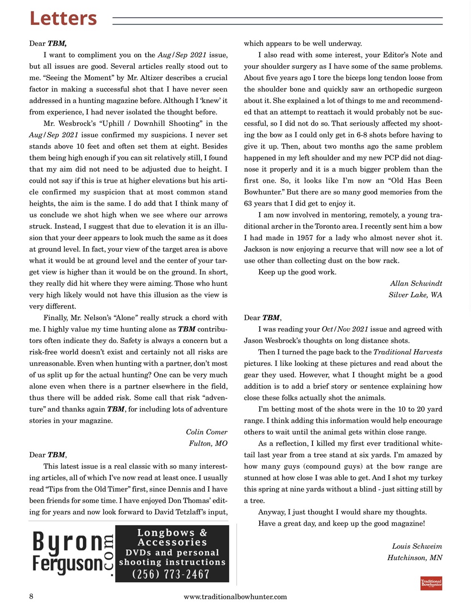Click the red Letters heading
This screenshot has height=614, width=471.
point(63,18)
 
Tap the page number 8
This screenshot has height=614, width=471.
point(31,596)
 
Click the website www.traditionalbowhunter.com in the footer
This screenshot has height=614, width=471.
point(235,596)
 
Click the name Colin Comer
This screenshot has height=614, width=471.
point(207,432)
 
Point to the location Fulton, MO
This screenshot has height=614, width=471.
point(208,443)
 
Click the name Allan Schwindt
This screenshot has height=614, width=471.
point(416,283)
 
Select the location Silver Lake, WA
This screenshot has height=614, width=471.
point(415,295)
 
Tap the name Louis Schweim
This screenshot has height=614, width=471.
point(417,546)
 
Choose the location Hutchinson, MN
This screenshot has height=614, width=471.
point(414,557)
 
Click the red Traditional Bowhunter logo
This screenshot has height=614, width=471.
point(431,583)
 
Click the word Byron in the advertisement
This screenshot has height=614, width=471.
point(68,543)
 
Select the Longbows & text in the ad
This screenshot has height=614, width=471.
point(172,532)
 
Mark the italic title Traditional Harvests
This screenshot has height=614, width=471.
point(407,352)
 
